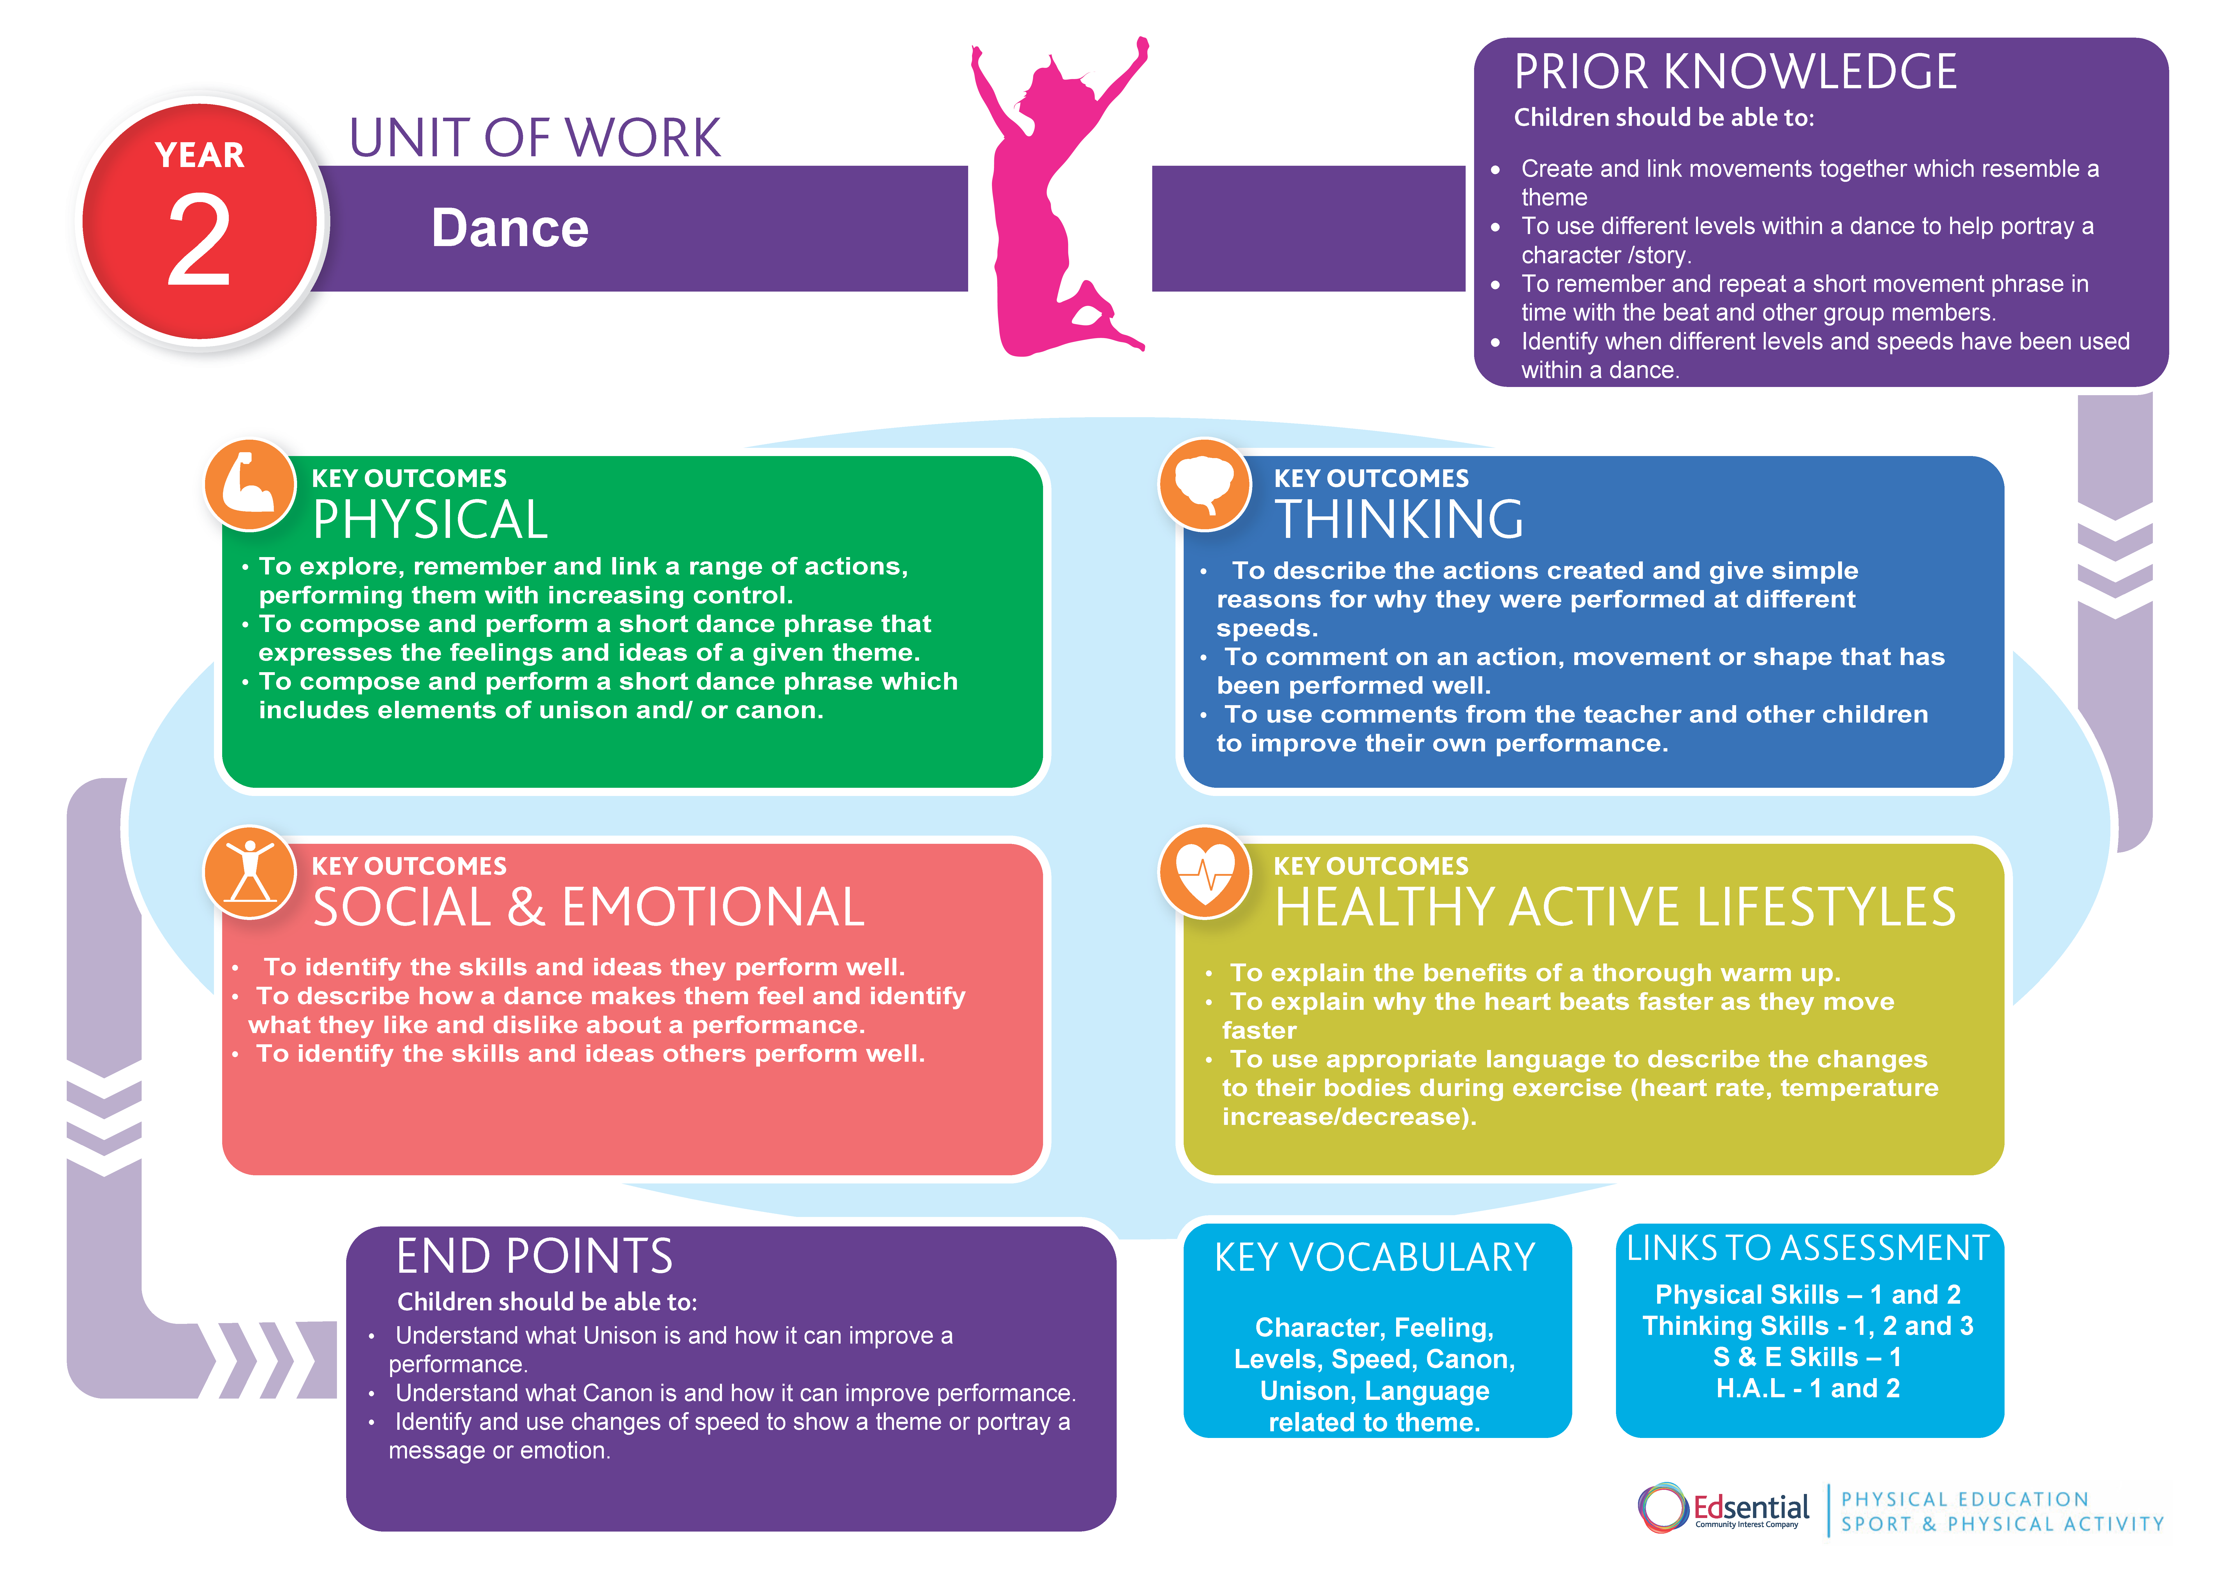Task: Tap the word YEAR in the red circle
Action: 200,155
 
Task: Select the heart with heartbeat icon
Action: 1205,872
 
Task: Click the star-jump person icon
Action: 250,872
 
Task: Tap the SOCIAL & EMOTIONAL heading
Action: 588,907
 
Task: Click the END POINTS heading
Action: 534,1256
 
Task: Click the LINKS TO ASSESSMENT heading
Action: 1807,1248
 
